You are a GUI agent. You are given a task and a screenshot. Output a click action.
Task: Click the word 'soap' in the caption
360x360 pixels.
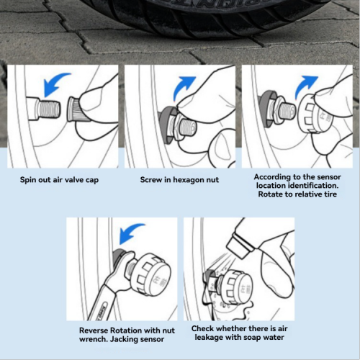click(251, 338)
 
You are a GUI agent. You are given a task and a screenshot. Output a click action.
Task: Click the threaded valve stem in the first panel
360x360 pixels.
click(49, 110)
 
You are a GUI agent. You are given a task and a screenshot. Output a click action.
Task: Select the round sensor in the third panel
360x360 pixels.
click(311, 114)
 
